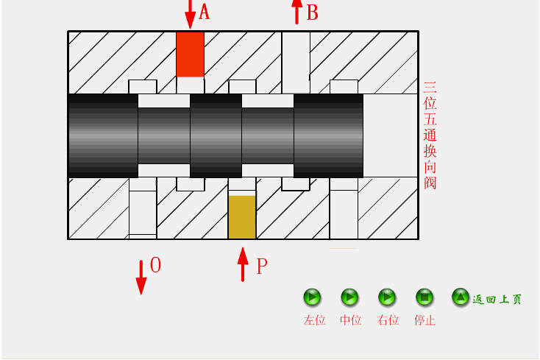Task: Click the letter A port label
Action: pos(205,12)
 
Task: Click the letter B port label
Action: pos(312,13)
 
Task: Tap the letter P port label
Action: pos(261,267)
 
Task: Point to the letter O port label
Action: pos(155,265)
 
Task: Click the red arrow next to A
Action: pos(190,13)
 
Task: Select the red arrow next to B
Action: pos(296,11)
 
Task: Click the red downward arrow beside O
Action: pos(141,276)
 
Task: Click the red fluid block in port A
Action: pos(190,54)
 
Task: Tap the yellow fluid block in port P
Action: pos(242,217)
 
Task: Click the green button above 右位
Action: pos(387,297)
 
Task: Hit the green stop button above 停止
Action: pos(424,297)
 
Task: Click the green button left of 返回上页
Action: pos(461,297)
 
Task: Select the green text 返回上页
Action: pos(497,299)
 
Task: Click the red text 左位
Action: pos(314,320)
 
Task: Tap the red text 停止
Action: pos(425,320)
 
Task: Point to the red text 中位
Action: pos(350,320)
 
